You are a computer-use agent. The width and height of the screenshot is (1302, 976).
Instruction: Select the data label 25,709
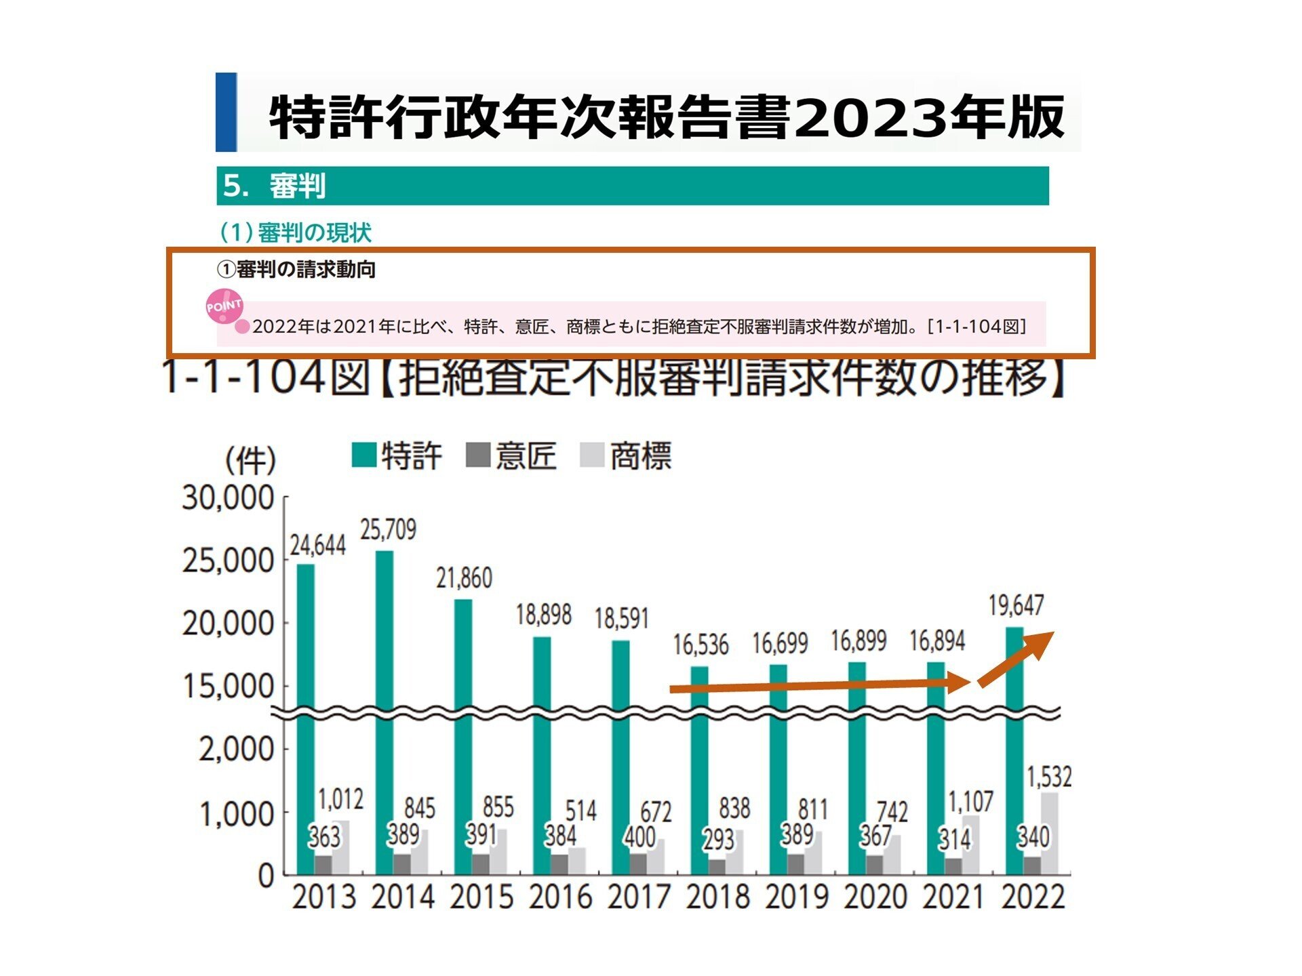(388, 529)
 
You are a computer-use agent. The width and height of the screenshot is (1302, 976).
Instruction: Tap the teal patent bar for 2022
(1014, 746)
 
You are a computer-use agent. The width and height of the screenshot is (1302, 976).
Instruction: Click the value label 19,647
(1016, 605)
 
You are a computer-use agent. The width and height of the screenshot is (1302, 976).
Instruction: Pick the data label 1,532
(1049, 777)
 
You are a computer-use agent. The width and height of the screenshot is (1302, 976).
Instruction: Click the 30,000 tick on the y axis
(228, 498)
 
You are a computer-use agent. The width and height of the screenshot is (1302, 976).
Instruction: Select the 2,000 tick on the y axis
(236, 750)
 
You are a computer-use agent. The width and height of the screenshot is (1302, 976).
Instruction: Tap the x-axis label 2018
(717, 897)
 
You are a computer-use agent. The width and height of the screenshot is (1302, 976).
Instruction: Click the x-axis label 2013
(323, 897)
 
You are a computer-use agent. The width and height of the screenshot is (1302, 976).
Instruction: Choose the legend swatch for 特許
(364, 455)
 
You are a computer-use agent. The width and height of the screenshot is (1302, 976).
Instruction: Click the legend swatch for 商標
(592, 455)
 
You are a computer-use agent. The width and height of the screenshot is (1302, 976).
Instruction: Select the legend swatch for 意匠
(478, 455)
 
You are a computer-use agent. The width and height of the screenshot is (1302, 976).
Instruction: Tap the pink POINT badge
(224, 306)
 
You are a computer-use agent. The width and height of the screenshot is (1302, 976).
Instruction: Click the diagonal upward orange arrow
(1016, 659)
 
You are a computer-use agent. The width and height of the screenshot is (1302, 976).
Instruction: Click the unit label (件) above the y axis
(250, 461)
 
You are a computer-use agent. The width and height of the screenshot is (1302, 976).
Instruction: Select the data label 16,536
(701, 645)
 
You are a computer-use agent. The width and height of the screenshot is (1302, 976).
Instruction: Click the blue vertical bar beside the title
(226, 112)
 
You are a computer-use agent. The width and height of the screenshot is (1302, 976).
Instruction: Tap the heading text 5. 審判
(275, 186)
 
